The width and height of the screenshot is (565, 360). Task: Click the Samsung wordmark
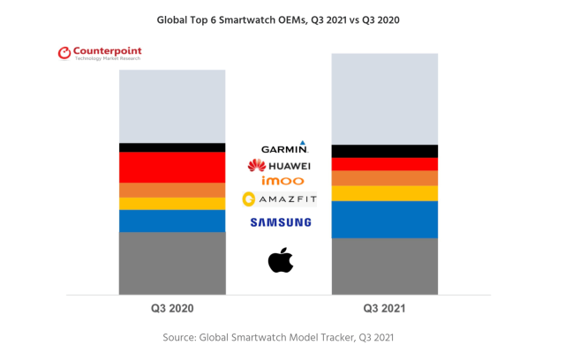click(280, 222)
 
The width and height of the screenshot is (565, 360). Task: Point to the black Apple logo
click(280, 260)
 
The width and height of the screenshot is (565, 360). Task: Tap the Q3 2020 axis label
click(171, 310)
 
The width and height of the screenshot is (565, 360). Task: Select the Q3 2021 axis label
click(385, 310)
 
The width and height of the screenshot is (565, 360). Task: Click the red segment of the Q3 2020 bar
click(172, 167)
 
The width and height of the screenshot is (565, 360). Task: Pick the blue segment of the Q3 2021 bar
click(384, 219)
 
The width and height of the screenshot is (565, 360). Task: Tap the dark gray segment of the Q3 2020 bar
click(172, 263)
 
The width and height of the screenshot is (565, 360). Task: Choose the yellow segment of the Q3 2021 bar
click(384, 193)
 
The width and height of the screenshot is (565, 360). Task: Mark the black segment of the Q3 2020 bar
click(172, 147)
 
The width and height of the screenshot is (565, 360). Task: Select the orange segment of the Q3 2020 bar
click(172, 190)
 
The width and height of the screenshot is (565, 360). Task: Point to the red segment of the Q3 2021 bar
click(384, 164)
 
